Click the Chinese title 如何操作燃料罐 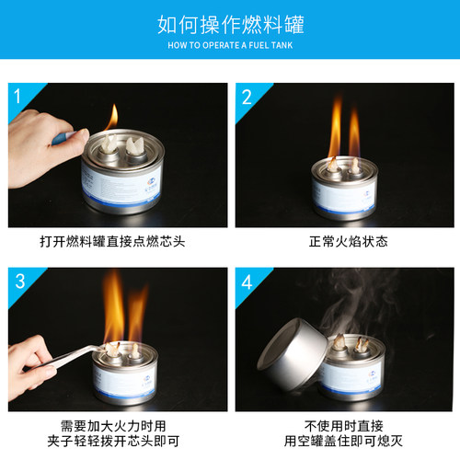(230, 24)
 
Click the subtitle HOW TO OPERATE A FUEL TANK (230, 43)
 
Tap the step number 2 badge (247, 96)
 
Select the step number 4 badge (247, 281)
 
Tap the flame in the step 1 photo (111, 118)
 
